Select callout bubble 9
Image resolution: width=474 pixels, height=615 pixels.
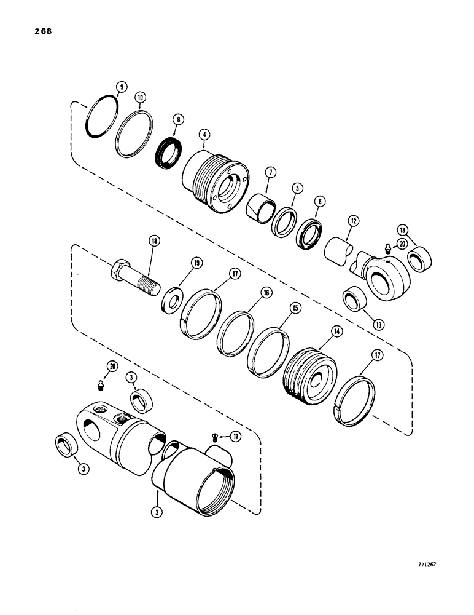[122, 87]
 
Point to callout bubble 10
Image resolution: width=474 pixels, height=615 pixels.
[140, 98]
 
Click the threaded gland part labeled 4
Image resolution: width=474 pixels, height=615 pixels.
[214, 179]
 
